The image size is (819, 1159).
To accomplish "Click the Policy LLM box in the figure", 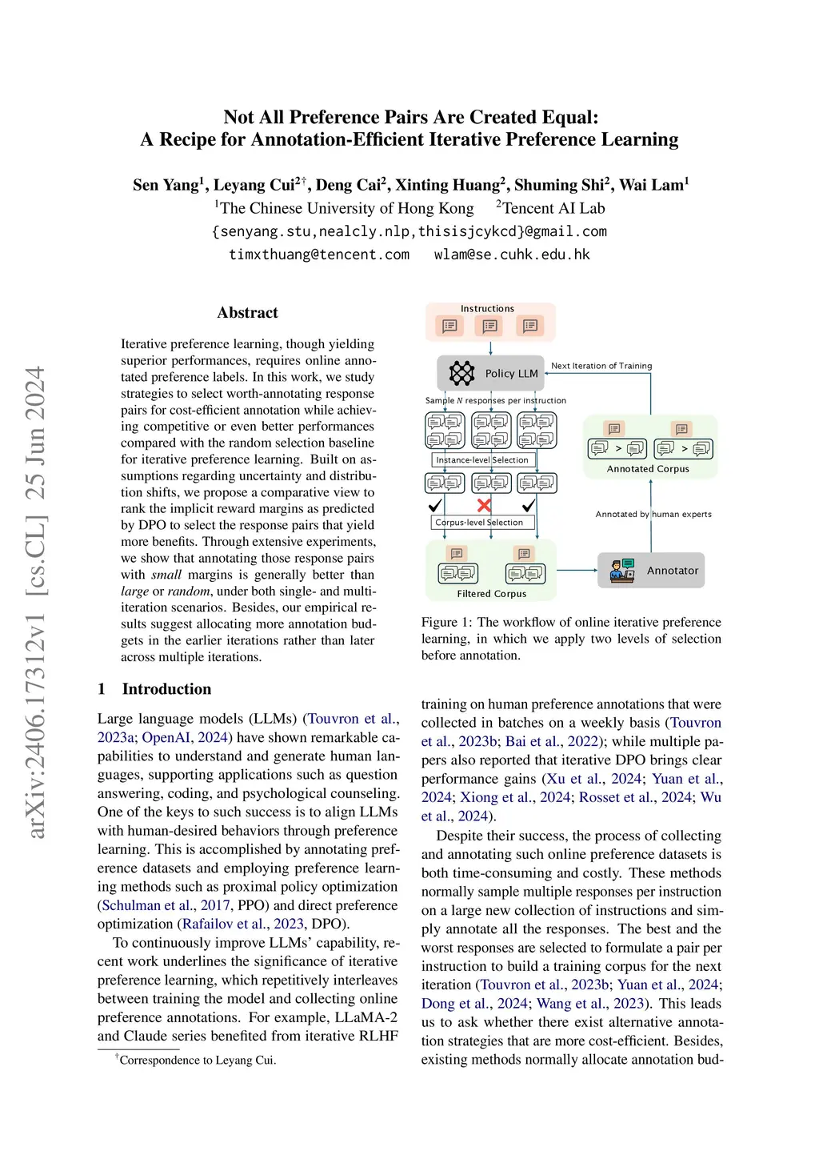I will (x=491, y=373).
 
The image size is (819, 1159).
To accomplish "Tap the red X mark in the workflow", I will (x=484, y=505).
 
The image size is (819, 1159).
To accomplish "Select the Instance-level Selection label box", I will (x=482, y=459).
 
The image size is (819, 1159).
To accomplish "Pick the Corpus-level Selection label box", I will (x=478, y=522).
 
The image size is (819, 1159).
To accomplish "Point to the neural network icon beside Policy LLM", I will (x=461, y=373).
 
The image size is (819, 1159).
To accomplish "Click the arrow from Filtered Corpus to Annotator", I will (x=577, y=570).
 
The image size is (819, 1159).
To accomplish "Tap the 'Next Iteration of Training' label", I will (x=601, y=366).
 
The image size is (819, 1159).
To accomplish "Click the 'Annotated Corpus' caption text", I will (x=648, y=469).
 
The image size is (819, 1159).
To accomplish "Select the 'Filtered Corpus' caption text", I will (x=491, y=594).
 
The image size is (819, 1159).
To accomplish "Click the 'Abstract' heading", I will (x=248, y=313).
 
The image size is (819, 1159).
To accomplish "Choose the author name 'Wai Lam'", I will (x=653, y=185).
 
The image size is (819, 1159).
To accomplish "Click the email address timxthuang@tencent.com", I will (x=319, y=255).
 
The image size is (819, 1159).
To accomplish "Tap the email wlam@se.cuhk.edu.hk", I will (x=512, y=255).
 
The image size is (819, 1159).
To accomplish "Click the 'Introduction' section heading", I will (x=166, y=689).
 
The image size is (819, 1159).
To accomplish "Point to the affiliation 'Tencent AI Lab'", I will (x=553, y=208).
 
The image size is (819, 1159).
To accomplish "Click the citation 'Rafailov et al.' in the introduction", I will (x=212, y=924).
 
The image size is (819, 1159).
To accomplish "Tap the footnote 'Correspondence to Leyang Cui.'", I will (x=198, y=1060).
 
